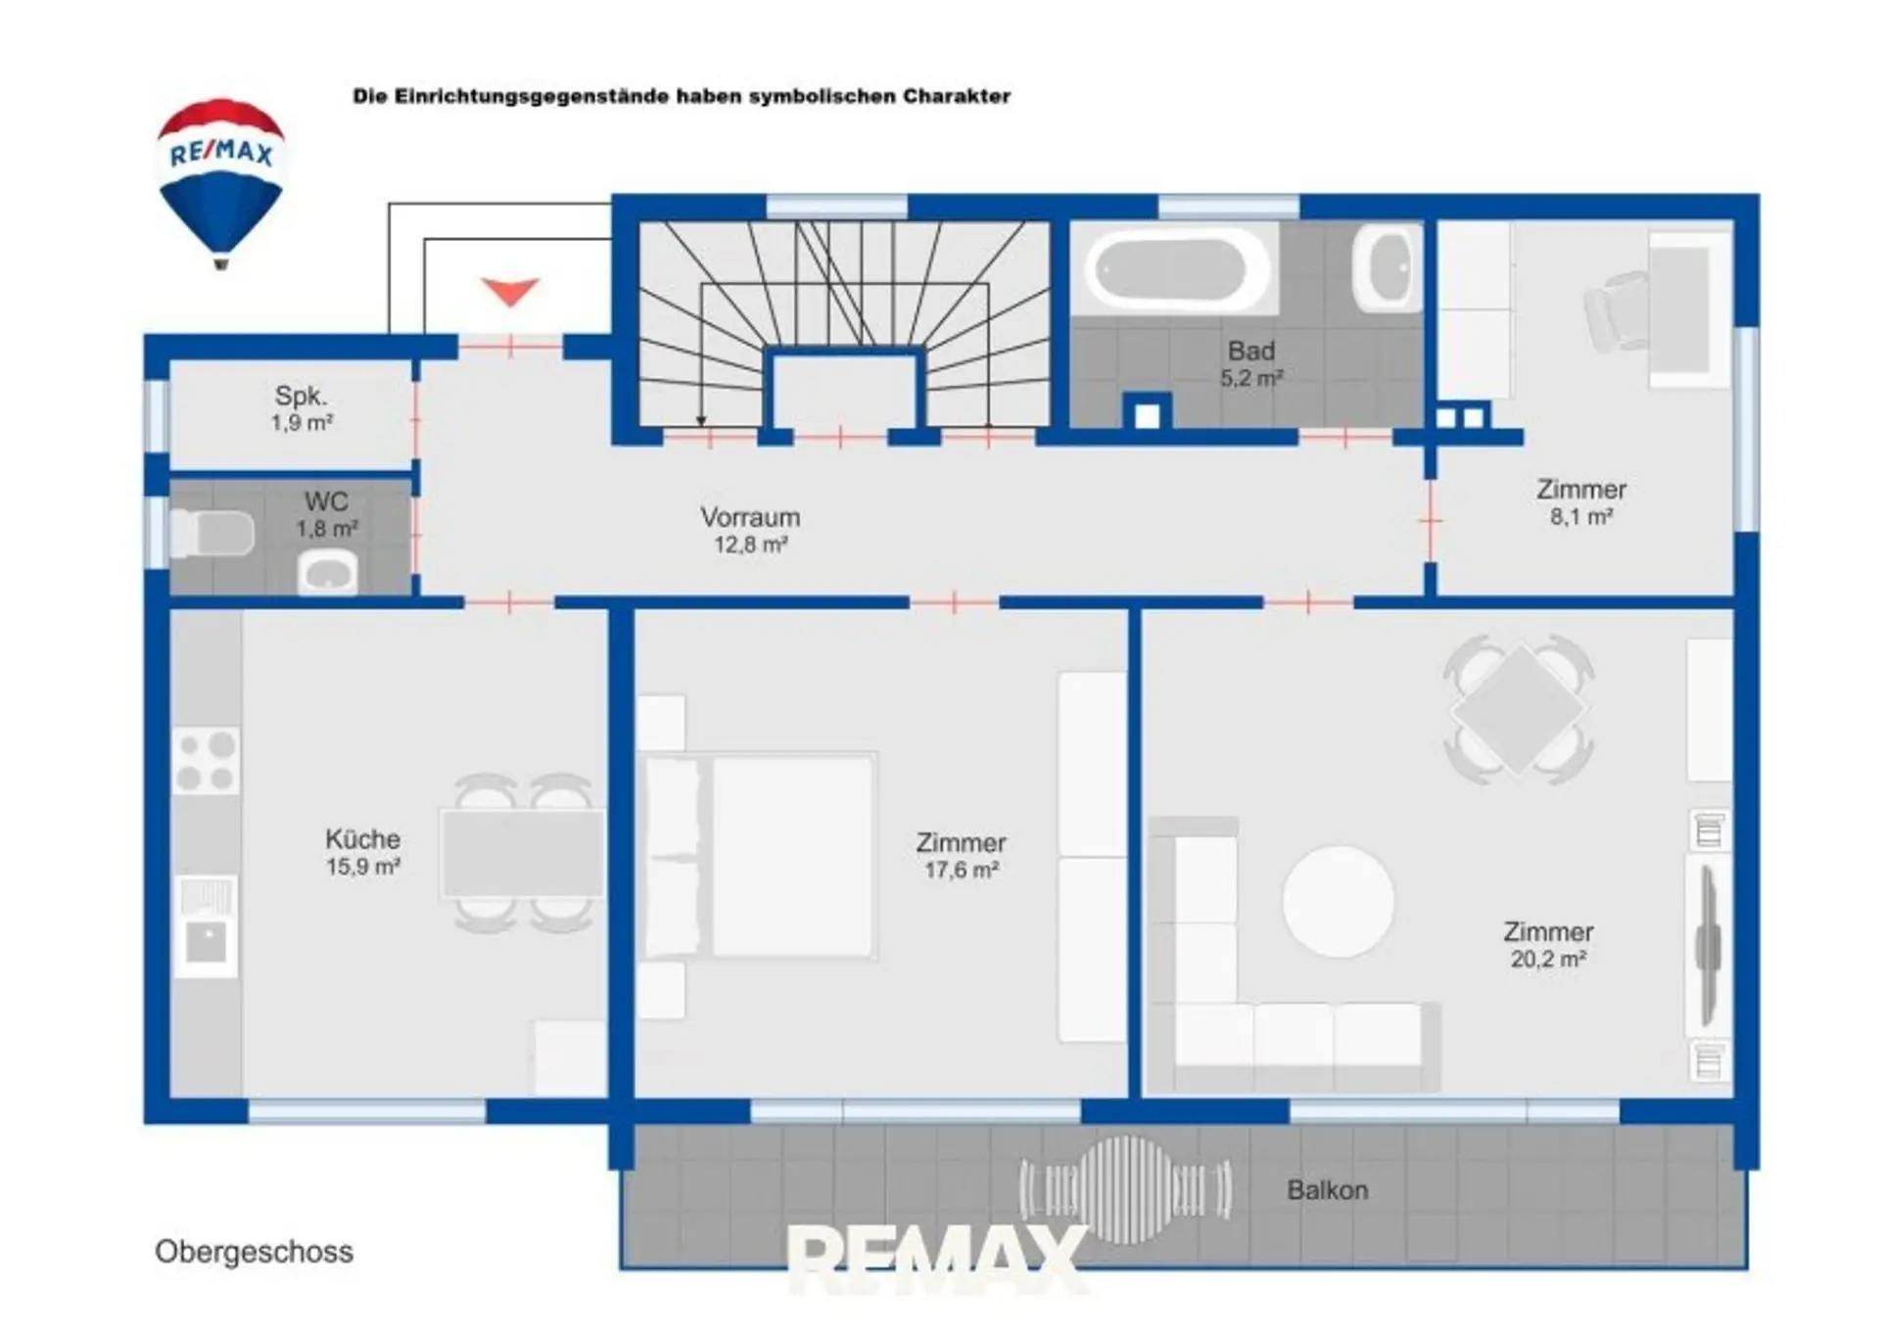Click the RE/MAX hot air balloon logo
(x=220, y=182)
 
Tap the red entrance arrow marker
(x=510, y=291)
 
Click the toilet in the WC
(x=211, y=535)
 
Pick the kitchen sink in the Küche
(x=206, y=926)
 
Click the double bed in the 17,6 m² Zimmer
(x=758, y=855)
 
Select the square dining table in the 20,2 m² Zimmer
(x=1519, y=709)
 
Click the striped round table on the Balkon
(x=1125, y=1189)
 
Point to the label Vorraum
(x=750, y=517)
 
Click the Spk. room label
(x=301, y=396)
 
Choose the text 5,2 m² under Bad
(x=1250, y=378)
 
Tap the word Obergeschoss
(x=254, y=1252)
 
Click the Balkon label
(x=1327, y=1190)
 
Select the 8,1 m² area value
(x=1580, y=516)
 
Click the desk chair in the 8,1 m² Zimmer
(x=1617, y=311)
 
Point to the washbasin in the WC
(x=328, y=573)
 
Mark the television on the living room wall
(x=1709, y=945)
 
